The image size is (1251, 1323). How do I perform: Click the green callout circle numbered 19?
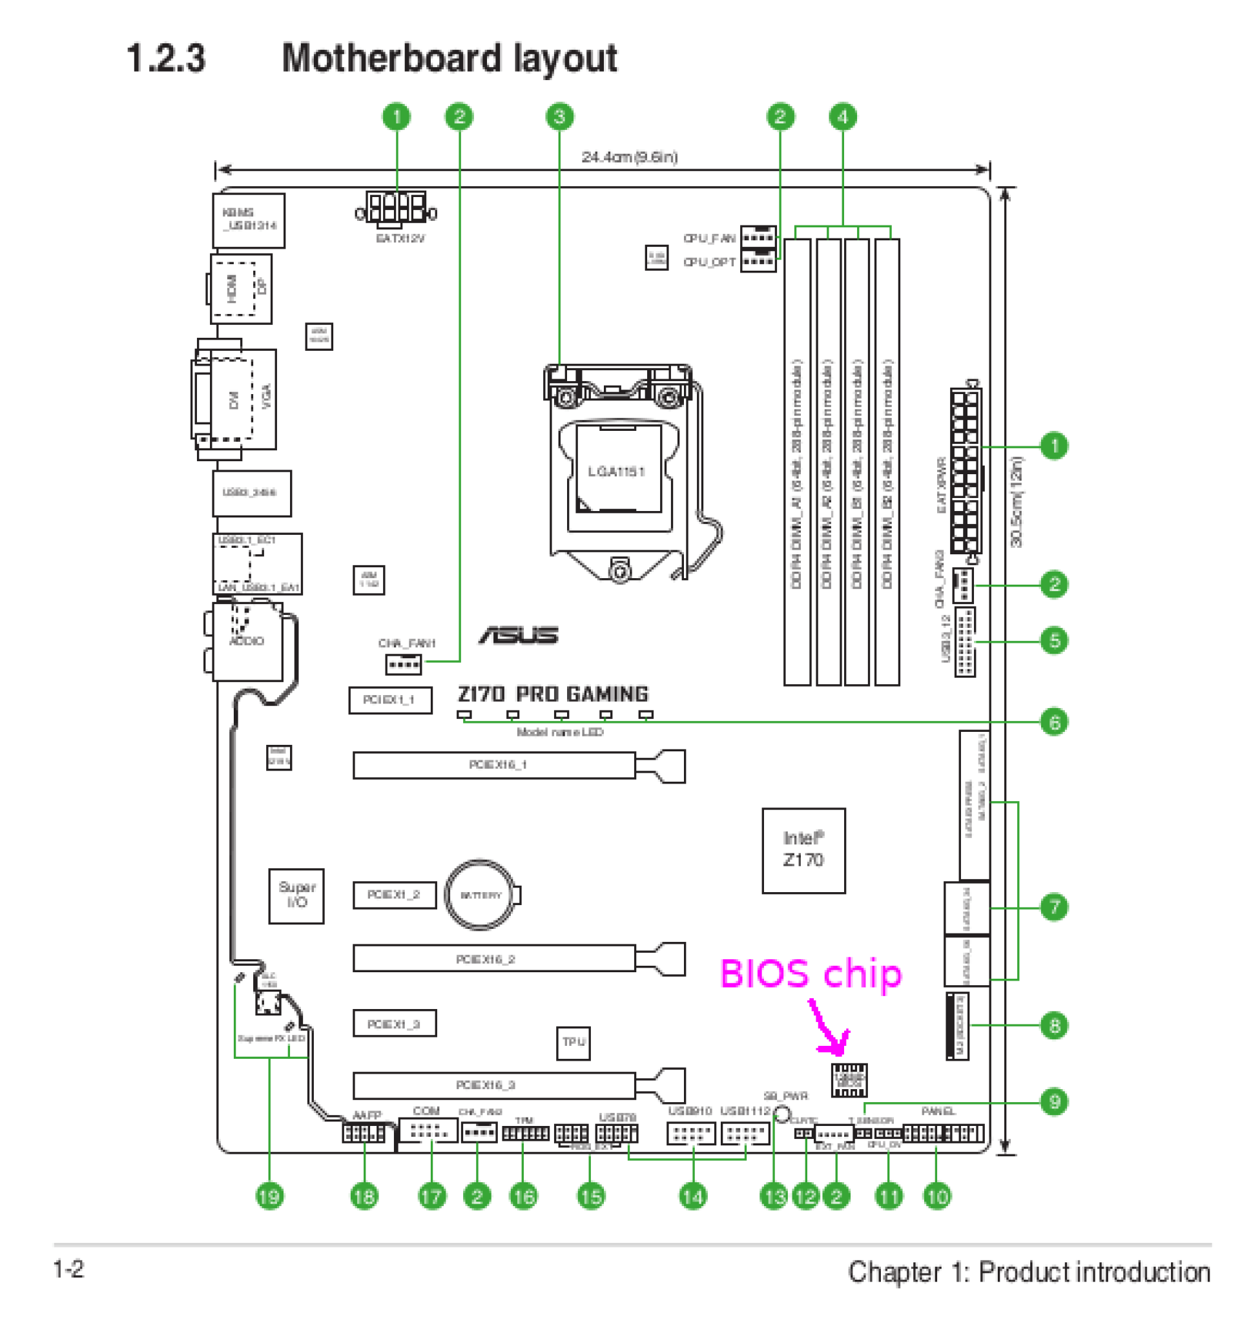pyautogui.click(x=269, y=1196)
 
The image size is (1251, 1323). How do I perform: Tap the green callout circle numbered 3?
pyautogui.click(x=559, y=117)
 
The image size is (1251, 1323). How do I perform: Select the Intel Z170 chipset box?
pyautogui.click(x=803, y=850)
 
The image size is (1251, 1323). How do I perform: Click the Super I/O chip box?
pyautogui.click(x=296, y=895)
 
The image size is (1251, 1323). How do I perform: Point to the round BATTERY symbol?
pyautogui.click(x=481, y=895)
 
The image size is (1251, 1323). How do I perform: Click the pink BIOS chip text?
pyautogui.click(x=811, y=974)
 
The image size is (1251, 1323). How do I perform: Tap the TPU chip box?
pyautogui.click(x=573, y=1042)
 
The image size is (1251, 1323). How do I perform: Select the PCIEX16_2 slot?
pyautogui.click(x=493, y=958)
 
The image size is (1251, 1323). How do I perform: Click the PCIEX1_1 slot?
pyautogui.click(x=390, y=700)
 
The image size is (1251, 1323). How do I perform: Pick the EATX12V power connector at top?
pyautogui.click(x=397, y=208)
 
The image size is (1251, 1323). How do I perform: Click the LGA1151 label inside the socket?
pyautogui.click(x=616, y=472)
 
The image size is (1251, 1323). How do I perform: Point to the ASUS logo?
pyautogui.click(x=519, y=635)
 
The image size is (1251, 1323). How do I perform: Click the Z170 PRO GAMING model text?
pyautogui.click(x=552, y=694)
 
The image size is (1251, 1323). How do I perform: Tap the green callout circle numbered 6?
pyautogui.click(x=1053, y=722)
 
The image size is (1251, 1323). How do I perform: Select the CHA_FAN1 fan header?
pyautogui.click(x=404, y=664)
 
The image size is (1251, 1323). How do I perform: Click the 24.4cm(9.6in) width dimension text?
pyautogui.click(x=629, y=158)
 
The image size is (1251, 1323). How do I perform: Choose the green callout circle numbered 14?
pyautogui.click(x=693, y=1196)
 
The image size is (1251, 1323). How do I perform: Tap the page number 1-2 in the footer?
pyautogui.click(x=68, y=1269)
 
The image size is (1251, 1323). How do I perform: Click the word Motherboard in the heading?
pyautogui.click(x=391, y=58)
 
